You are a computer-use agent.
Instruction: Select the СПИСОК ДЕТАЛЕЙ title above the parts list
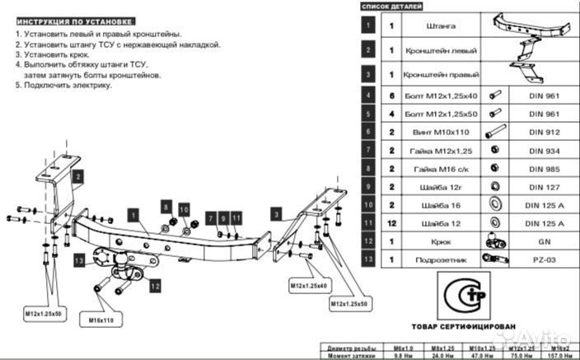pyautogui.click(x=392, y=6)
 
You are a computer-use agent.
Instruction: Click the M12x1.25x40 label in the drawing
pyautogui.click(x=308, y=286)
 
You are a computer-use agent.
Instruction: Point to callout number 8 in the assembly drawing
pyautogui.click(x=166, y=207)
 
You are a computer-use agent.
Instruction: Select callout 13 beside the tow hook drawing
pyautogui.click(x=79, y=260)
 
